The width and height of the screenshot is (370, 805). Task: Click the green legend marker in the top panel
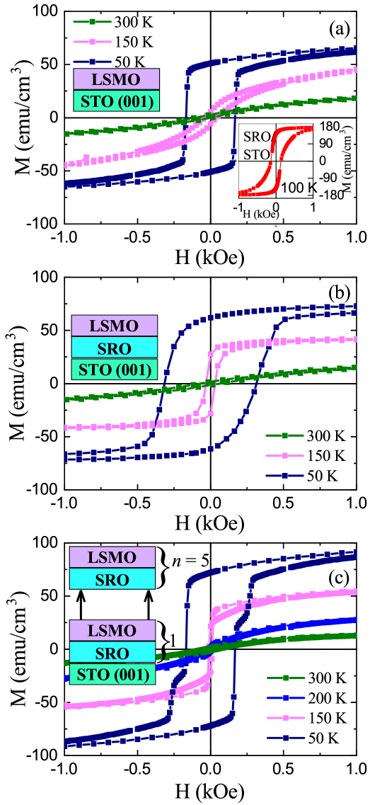click(92, 22)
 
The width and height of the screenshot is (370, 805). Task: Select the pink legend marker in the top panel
click(92, 41)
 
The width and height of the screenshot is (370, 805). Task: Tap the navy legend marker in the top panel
click(92, 62)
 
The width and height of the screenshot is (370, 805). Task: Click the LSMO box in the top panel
click(116, 79)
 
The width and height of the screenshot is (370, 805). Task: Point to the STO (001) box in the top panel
click(116, 101)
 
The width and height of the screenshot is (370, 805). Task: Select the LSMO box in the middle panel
click(114, 326)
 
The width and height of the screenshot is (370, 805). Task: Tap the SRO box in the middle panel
click(114, 348)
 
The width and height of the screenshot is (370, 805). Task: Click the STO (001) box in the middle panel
click(114, 370)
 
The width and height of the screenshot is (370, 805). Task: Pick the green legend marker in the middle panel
click(284, 435)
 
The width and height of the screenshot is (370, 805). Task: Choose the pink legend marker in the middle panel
click(284, 456)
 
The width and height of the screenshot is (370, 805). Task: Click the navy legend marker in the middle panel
click(284, 476)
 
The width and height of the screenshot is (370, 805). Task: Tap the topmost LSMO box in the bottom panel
click(112, 557)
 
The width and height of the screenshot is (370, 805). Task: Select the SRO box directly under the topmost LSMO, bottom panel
click(112, 579)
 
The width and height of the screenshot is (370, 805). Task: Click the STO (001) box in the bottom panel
click(112, 675)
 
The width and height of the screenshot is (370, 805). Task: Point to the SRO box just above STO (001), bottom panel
click(112, 653)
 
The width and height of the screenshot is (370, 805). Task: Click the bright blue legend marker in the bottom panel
click(286, 697)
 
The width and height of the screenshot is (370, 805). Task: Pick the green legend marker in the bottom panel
click(286, 678)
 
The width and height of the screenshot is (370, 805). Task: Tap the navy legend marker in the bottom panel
click(286, 738)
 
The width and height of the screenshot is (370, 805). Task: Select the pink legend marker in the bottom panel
click(286, 717)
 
